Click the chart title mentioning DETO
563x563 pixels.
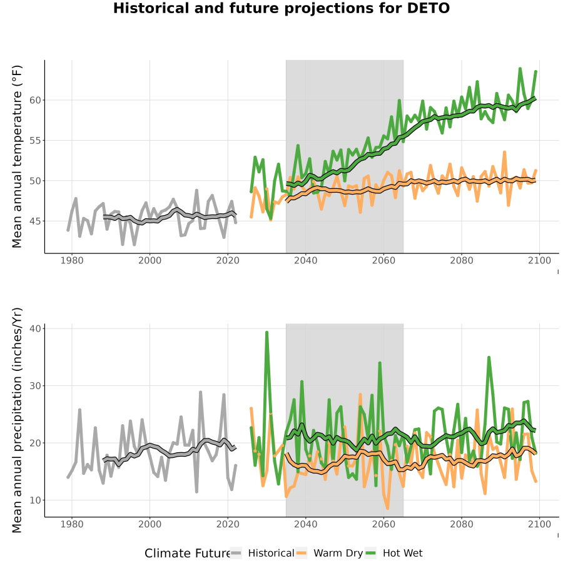click(x=281, y=8)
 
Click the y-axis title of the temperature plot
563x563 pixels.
click(x=17, y=156)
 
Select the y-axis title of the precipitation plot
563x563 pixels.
click(x=17, y=420)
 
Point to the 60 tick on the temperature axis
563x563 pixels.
click(x=35, y=100)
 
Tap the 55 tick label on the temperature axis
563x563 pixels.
click(x=35, y=140)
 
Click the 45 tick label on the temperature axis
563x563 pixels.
click(x=35, y=221)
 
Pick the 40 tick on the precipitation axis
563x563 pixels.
click(x=35, y=328)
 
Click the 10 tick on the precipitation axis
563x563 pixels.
click(x=35, y=500)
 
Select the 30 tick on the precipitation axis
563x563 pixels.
click(x=35, y=385)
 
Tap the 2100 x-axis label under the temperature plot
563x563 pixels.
click(x=539, y=260)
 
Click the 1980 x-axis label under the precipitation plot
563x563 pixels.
click(x=72, y=524)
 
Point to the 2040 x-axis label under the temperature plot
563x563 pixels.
click(x=305, y=260)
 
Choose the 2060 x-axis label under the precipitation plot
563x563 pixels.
click(x=383, y=524)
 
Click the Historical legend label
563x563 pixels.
click(x=271, y=554)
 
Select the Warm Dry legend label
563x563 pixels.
click(x=338, y=554)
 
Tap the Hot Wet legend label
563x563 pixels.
click(x=403, y=554)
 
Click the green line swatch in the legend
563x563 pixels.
click(x=370, y=554)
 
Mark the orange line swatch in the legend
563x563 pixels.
click(x=302, y=554)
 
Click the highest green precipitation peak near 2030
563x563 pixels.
click(x=266, y=333)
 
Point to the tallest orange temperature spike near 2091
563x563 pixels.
click(x=504, y=152)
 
